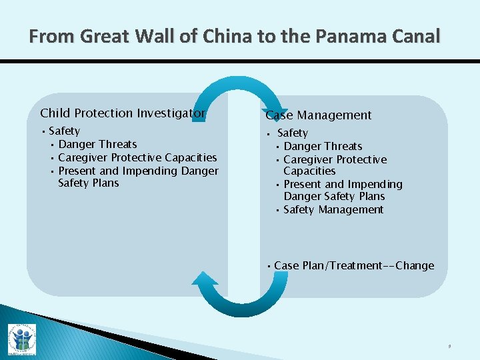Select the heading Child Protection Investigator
(x=123, y=113)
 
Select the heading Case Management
(x=319, y=115)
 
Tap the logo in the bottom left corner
(x=22, y=339)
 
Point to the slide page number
(x=449, y=346)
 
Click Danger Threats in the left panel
(x=97, y=145)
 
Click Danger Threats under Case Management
(x=323, y=147)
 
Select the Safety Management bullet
(x=333, y=210)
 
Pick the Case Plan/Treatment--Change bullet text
(x=354, y=266)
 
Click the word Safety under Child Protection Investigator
(x=64, y=131)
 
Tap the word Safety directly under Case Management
(x=293, y=133)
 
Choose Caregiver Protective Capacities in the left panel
(x=137, y=158)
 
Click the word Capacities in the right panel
(x=309, y=171)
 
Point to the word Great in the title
(x=105, y=36)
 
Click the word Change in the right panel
(x=415, y=266)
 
